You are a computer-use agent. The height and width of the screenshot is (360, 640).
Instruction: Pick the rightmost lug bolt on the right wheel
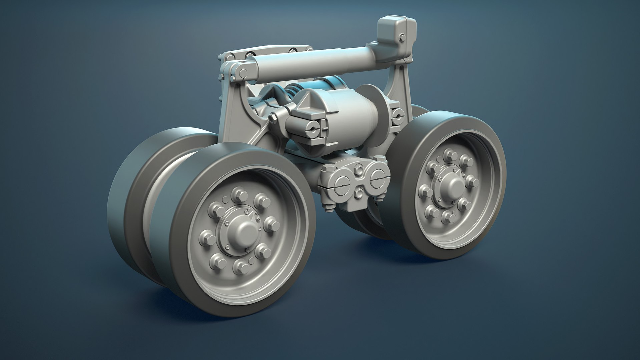pyautogui.click(x=471, y=181)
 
